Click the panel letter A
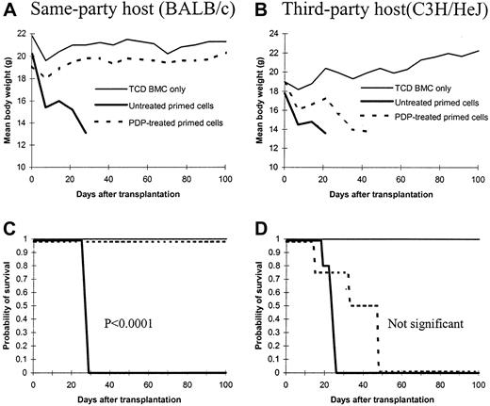[8, 12]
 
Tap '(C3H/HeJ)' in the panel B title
[433, 12]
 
